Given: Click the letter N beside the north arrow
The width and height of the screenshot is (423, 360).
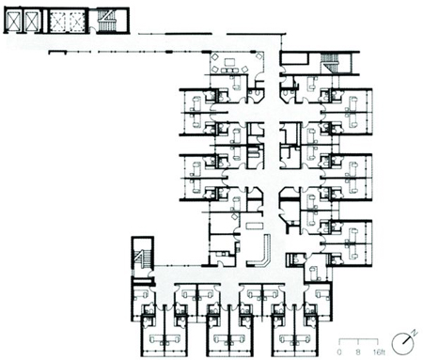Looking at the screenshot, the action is [x=415, y=333].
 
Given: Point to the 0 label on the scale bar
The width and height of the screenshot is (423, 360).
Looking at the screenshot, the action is [x=339, y=352].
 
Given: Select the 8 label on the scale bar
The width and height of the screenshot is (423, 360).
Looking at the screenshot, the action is [x=358, y=352].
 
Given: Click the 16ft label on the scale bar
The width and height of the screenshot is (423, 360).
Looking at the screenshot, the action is [x=379, y=352].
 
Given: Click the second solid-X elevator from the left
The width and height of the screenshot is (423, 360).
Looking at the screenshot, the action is [x=31, y=21].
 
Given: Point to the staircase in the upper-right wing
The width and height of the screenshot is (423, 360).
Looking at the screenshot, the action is [x=329, y=63].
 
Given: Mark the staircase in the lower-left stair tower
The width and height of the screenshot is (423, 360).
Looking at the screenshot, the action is [x=143, y=258].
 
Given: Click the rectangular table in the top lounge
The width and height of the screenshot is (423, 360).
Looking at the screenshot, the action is [x=229, y=62].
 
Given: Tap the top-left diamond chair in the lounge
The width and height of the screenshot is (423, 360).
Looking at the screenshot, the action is [x=215, y=57].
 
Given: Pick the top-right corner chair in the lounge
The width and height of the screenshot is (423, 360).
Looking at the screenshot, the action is [x=258, y=56].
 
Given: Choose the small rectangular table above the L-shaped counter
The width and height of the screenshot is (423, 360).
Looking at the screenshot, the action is [x=252, y=226].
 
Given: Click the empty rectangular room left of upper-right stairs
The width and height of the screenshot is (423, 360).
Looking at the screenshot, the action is [x=293, y=58].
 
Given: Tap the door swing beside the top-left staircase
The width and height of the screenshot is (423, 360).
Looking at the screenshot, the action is [x=92, y=30].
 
